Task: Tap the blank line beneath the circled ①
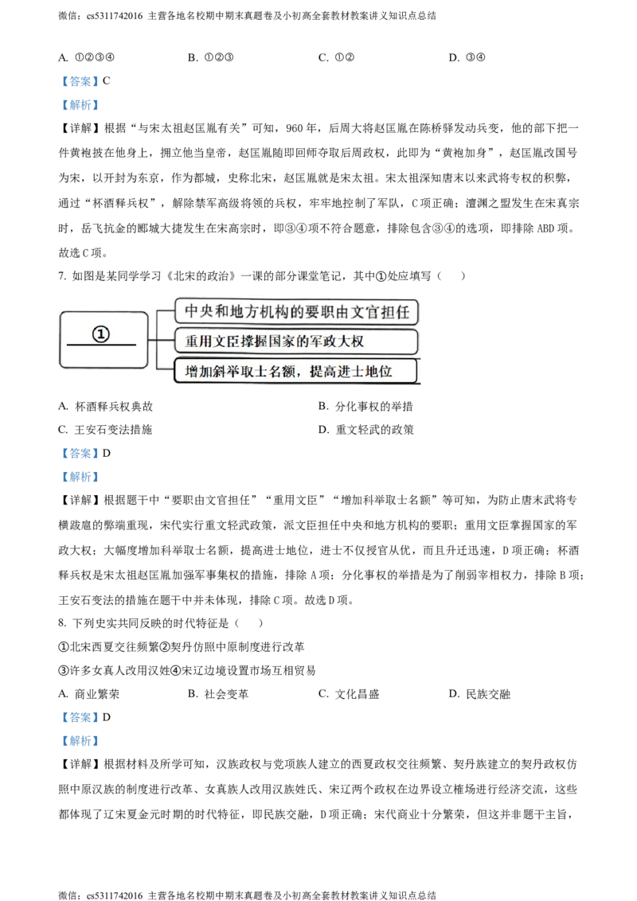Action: (101, 345)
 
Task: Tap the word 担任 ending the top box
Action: (397, 311)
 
